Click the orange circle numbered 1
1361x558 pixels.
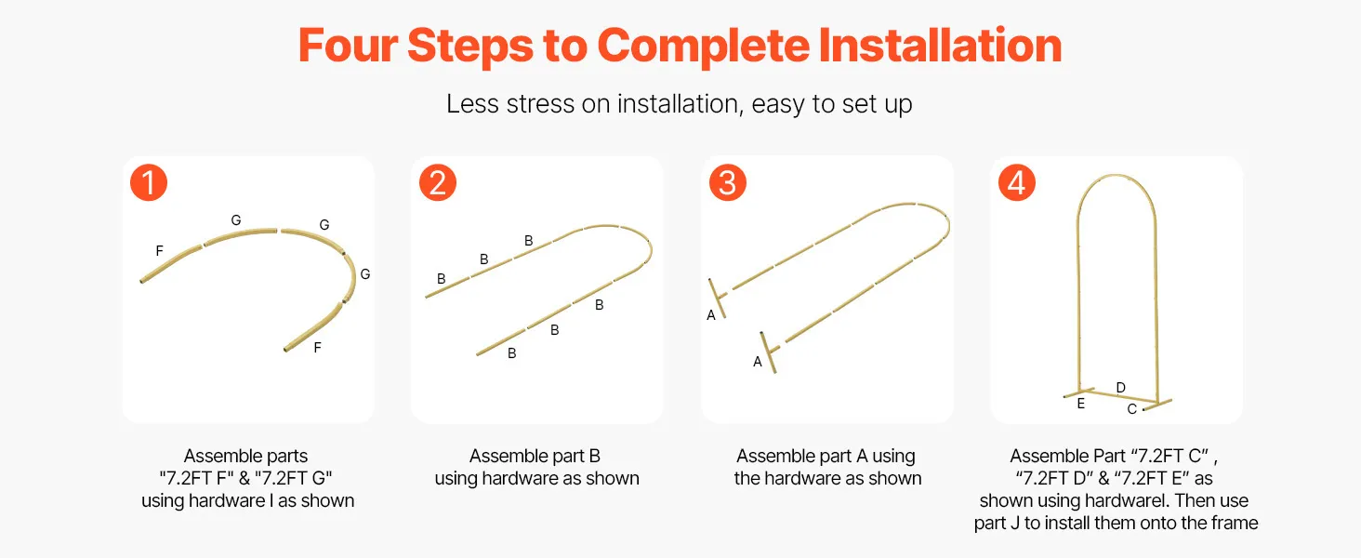[149, 182]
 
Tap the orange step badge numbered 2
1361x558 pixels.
[438, 182]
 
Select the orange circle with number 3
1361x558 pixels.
[728, 182]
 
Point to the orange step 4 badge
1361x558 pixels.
[1017, 182]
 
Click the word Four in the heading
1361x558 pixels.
[348, 46]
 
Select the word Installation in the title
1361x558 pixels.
[940, 46]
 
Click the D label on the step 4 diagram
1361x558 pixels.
[1121, 387]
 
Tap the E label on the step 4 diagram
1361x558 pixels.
[1081, 403]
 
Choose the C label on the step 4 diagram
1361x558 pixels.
[1132, 409]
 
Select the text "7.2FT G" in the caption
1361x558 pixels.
[294, 478]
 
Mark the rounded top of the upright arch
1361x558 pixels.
[1117, 176]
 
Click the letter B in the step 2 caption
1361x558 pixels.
[594, 456]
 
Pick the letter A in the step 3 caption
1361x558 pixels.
[862, 456]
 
